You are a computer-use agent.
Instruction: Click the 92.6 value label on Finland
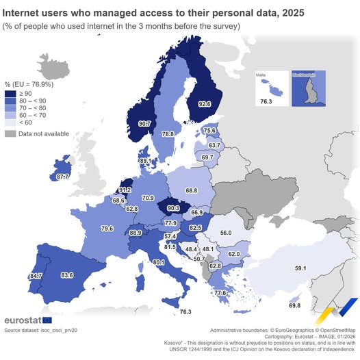205,104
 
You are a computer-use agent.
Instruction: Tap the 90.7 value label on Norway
144,124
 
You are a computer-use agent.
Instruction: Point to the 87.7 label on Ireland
63,177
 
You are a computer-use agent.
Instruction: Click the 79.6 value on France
107,228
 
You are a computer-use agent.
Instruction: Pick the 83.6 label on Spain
67,275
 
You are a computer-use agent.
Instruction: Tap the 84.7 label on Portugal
36,276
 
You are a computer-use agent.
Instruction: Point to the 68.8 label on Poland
192,190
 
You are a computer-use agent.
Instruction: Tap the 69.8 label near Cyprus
296,305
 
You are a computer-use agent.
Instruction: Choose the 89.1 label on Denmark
145,160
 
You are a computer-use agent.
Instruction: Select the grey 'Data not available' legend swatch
10,133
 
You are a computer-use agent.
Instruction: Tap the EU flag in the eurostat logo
47,320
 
